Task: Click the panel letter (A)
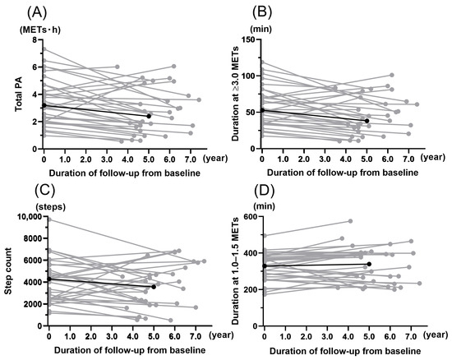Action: pos(37,12)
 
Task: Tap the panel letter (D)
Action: pos(265,191)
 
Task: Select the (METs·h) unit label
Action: pos(40,30)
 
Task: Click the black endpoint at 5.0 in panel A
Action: pos(149,116)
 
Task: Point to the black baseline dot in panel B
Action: pos(262,110)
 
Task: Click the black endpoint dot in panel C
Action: pos(154,287)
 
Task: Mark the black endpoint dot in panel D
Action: pos(369,264)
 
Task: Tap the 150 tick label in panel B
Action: pos(249,39)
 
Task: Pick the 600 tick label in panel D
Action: pos(251,217)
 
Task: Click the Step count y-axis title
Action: pos(9,271)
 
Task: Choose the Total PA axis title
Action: pos(19,95)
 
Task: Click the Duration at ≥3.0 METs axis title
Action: pos(236,94)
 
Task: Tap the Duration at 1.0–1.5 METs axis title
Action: pos(236,271)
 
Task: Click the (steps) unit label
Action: pos(50,207)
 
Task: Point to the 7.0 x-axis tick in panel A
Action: pos(191,159)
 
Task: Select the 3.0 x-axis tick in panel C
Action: pos(112,336)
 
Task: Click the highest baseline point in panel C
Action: pos(49,219)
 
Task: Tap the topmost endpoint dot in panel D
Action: pos(351,221)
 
